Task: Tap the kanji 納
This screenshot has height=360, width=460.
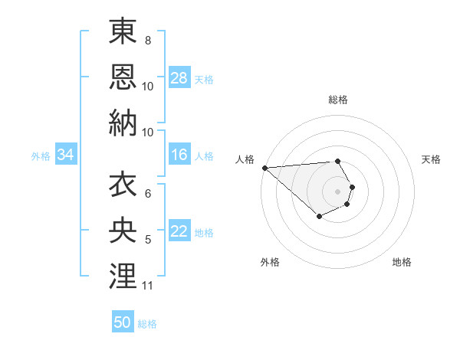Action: (123, 122)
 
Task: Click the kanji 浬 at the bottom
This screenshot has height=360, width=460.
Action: (123, 275)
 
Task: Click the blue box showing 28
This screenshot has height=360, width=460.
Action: (179, 78)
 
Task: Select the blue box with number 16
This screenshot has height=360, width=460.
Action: (179, 155)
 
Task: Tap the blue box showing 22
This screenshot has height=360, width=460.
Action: (179, 232)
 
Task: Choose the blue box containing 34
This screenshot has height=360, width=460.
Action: (66, 155)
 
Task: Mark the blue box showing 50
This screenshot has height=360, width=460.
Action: (123, 322)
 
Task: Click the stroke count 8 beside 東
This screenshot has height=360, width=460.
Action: (147, 40)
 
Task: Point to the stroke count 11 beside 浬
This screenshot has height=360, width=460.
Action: (148, 286)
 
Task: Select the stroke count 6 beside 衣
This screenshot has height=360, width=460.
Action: (147, 195)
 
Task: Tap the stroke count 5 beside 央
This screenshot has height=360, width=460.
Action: (147, 241)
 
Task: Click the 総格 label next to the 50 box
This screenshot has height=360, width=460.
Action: (147, 324)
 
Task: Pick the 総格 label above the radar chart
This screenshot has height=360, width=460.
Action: (338, 100)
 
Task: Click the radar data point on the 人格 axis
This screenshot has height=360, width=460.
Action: (264, 168)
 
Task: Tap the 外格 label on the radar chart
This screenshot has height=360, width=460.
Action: (270, 262)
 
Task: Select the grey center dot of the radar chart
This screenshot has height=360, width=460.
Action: (337, 191)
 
